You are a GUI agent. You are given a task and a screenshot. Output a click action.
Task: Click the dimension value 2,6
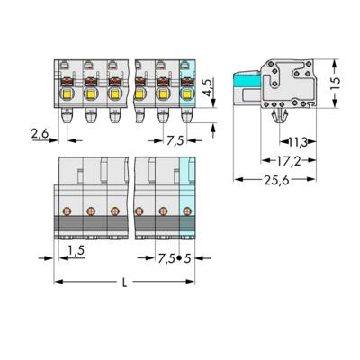(40, 134)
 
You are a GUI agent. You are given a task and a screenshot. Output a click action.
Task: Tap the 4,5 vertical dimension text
(209, 87)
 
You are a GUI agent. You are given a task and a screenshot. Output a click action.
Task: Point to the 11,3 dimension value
(298, 141)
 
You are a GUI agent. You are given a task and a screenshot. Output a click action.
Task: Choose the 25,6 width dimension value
(276, 180)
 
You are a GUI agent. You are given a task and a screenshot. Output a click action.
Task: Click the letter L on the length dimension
(125, 283)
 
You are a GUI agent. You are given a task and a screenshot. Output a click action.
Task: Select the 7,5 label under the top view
(175, 140)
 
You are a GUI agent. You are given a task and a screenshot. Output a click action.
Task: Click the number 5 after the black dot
(187, 258)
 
